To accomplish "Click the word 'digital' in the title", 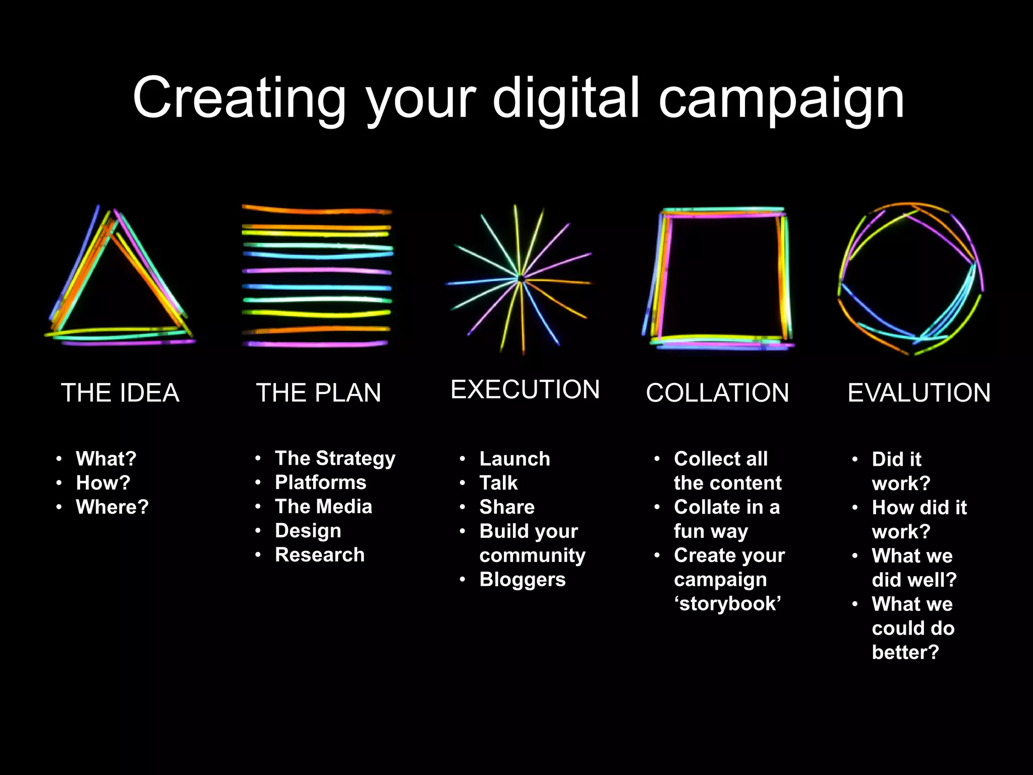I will click(x=566, y=98).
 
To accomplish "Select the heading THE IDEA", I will click(x=120, y=393).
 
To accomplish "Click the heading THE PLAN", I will click(x=318, y=393).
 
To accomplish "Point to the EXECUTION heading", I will click(x=525, y=390).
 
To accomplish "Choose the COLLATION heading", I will click(x=717, y=393).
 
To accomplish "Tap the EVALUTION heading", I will click(x=919, y=393).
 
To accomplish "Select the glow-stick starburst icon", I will click(x=520, y=279).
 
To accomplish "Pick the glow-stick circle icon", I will click(x=910, y=279).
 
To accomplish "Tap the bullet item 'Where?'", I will click(x=112, y=507).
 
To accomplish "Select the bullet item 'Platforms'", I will click(x=320, y=483).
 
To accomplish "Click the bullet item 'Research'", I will click(x=319, y=555).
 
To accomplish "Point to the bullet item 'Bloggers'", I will click(x=522, y=580).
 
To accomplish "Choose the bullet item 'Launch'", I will click(x=514, y=459).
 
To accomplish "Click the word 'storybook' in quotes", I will click(x=727, y=604).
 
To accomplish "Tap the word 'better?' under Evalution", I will click(x=905, y=652).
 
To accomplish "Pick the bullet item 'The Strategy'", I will click(x=335, y=459).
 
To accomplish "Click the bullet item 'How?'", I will click(x=103, y=483).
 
